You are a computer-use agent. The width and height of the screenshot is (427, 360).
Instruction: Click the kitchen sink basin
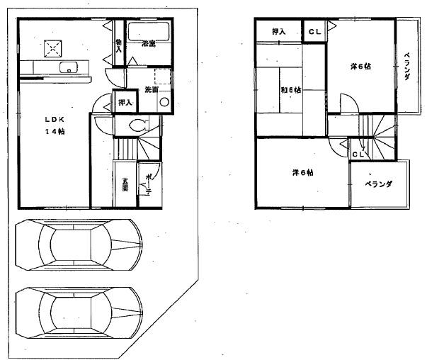tap(69, 68)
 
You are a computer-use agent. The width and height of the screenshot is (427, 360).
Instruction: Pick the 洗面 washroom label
tap(151, 90)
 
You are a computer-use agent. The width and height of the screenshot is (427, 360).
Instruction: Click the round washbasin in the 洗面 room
tap(165, 102)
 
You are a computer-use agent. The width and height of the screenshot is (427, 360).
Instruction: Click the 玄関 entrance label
tap(124, 182)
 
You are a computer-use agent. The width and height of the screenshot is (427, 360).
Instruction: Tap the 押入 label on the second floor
tap(278, 32)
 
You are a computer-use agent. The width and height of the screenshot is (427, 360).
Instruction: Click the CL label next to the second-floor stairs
tap(359, 154)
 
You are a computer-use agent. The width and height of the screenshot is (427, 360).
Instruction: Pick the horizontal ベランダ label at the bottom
tap(379, 184)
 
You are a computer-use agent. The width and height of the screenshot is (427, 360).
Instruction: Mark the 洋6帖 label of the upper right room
tap(360, 67)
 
